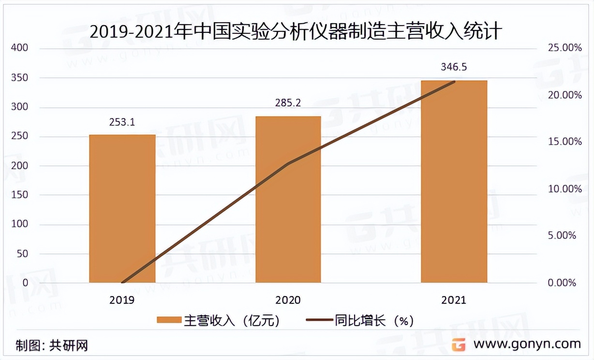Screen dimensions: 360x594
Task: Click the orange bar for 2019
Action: click(x=122, y=209)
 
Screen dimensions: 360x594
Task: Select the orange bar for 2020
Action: click(x=288, y=199)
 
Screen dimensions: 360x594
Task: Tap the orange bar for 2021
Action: click(x=454, y=181)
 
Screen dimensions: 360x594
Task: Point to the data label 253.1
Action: click(x=122, y=122)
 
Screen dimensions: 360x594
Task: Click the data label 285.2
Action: click(x=288, y=103)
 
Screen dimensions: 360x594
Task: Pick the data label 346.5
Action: click(x=454, y=67)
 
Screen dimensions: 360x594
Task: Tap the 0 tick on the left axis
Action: click(x=25, y=283)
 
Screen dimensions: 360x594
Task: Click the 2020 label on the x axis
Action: click(x=288, y=300)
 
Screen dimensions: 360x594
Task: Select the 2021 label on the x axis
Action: click(x=454, y=300)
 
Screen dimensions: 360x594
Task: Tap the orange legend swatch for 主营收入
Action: click(x=168, y=320)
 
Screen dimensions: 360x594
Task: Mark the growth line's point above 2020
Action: click(x=288, y=164)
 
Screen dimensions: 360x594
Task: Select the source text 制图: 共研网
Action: click(x=51, y=345)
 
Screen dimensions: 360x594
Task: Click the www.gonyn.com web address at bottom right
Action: click(x=527, y=344)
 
